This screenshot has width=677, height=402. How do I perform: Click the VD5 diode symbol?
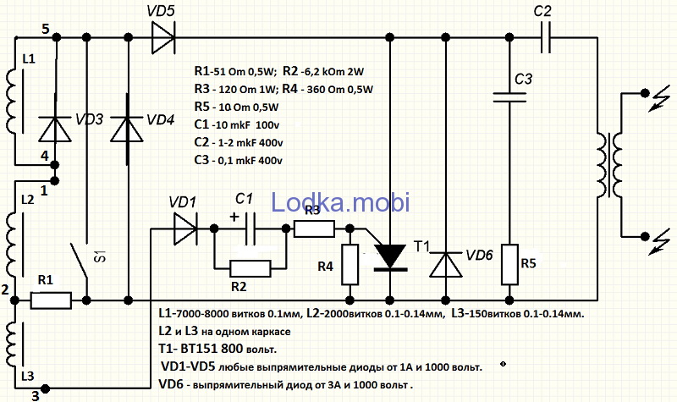click(x=163, y=36)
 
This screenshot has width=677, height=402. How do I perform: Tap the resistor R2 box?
click(x=250, y=268)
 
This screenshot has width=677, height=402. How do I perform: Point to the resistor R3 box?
click(x=312, y=229)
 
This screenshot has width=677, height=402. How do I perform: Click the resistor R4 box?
click(x=349, y=263)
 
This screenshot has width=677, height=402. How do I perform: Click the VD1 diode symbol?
click(x=184, y=229)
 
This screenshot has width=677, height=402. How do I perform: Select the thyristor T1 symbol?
click(x=389, y=254)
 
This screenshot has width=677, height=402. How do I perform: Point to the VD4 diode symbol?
click(x=128, y=127)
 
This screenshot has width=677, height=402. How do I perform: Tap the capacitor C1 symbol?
click(x=247, y=229)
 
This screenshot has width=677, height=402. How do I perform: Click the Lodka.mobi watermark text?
click(x=340, y=201)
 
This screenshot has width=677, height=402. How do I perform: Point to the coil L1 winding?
click(x=14, y=97)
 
